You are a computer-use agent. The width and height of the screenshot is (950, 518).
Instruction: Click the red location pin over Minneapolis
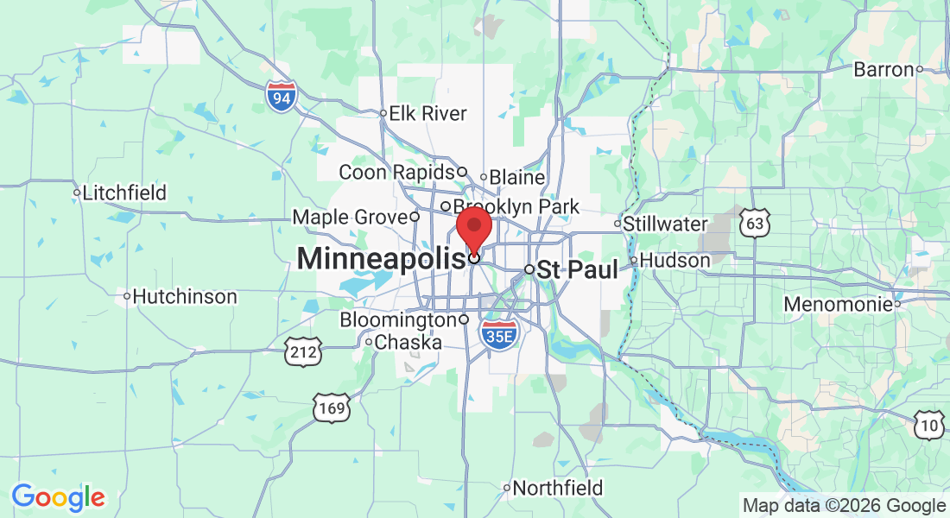pos(474,227)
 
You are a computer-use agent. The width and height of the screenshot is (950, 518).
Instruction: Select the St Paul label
pos(578,269)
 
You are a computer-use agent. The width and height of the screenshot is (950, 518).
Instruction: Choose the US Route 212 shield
pos(304,351)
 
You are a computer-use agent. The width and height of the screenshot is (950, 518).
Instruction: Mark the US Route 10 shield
pos(929,423)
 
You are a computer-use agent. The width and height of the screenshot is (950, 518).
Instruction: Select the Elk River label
pos(427,113)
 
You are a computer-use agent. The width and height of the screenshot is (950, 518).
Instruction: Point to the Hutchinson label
pos(185,296)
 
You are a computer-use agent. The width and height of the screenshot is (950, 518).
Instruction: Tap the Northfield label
pos(557,488)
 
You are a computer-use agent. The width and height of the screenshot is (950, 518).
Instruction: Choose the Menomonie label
pos(837,304)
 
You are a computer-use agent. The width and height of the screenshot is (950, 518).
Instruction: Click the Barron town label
pos(883,69)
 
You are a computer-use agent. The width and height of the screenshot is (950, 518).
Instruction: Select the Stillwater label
pos(665,224)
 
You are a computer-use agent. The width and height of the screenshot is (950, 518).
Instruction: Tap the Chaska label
pos(408,342)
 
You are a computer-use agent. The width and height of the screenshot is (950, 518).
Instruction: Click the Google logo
pos(58,497)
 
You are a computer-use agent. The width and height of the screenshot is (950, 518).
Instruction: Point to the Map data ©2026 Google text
pos(844,506)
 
